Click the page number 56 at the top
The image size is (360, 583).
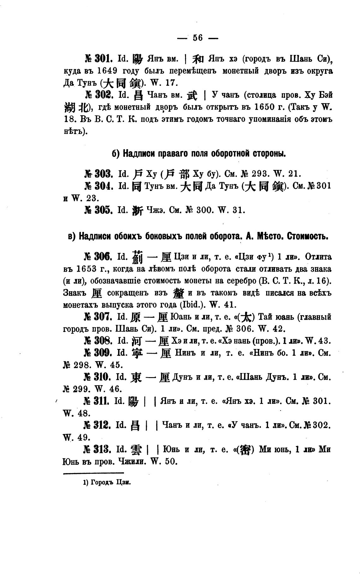(x=198, y=38)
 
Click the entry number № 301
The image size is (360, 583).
(x=99, y=59)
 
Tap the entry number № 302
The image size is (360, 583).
(x=99, y=95)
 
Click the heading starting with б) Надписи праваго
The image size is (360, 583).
(x=199, y=154)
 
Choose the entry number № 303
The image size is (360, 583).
(x=99, y=174)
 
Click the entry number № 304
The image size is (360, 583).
(x=99, y=186)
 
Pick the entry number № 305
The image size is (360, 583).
(x=99, y=210)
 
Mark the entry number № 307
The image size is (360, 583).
(x=99, y=317)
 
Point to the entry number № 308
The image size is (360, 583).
(x=99, y=341)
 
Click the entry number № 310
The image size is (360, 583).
(x=99, y=377)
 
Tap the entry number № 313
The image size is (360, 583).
(x=99, y=449)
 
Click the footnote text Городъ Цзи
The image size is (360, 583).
(x=107, y=482)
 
